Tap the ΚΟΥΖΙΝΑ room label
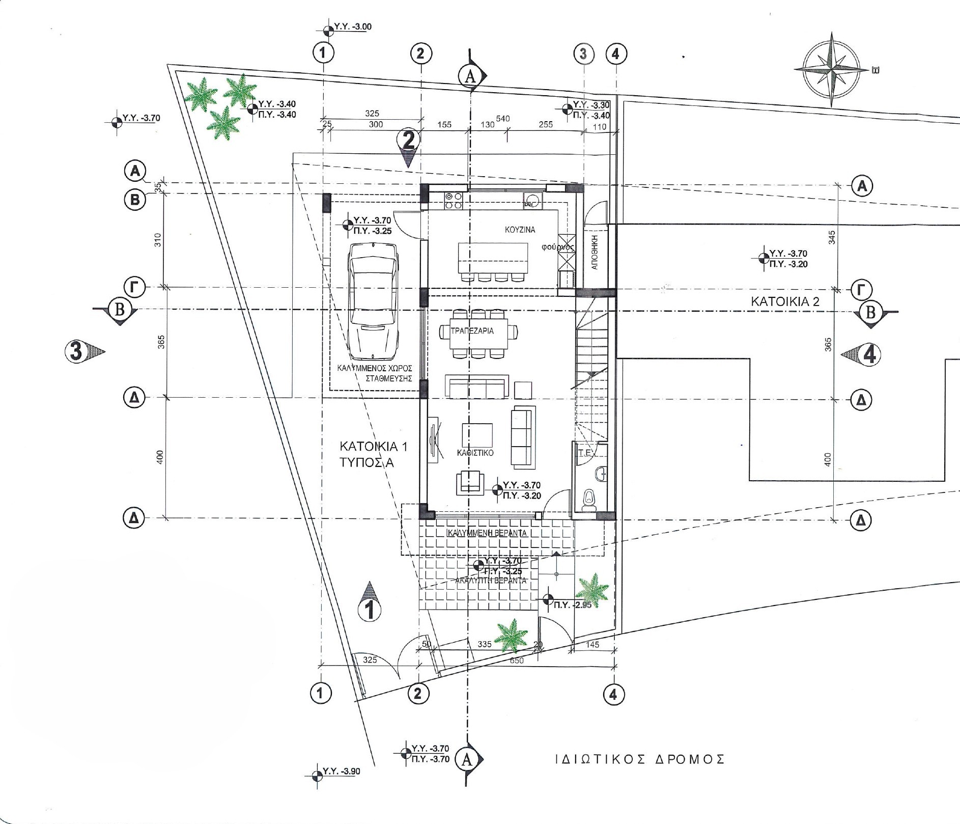point(520,230)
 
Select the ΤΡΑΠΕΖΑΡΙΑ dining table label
point(472,331)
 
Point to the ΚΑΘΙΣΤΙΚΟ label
point(475,452)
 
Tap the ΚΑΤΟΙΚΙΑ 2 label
point(785,301)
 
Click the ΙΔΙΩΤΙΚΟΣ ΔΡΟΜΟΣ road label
point(640,774)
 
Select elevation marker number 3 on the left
point(78,351)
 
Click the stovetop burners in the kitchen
point(454,201)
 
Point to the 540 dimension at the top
point(502,119)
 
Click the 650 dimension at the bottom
point(516,661)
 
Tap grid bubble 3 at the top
point(583,53)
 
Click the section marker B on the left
point(119,310)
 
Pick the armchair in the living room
point(469,482)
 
